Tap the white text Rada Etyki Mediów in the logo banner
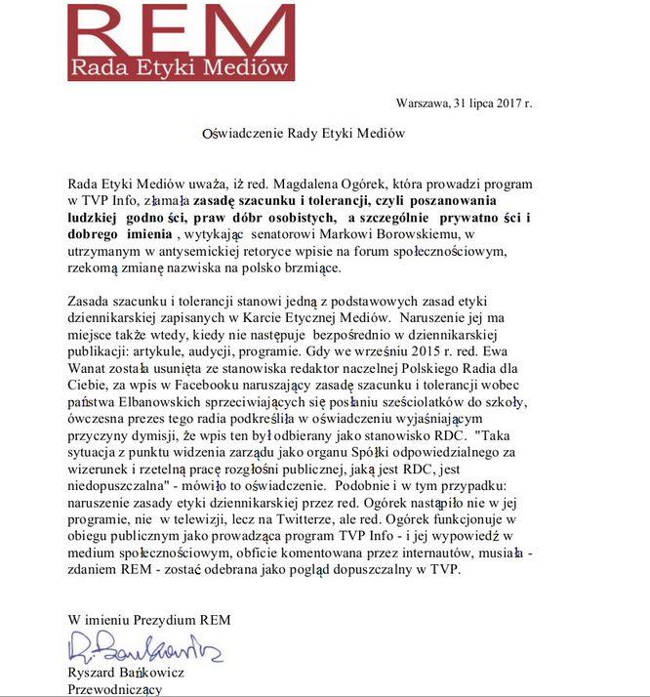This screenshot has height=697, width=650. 181,67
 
